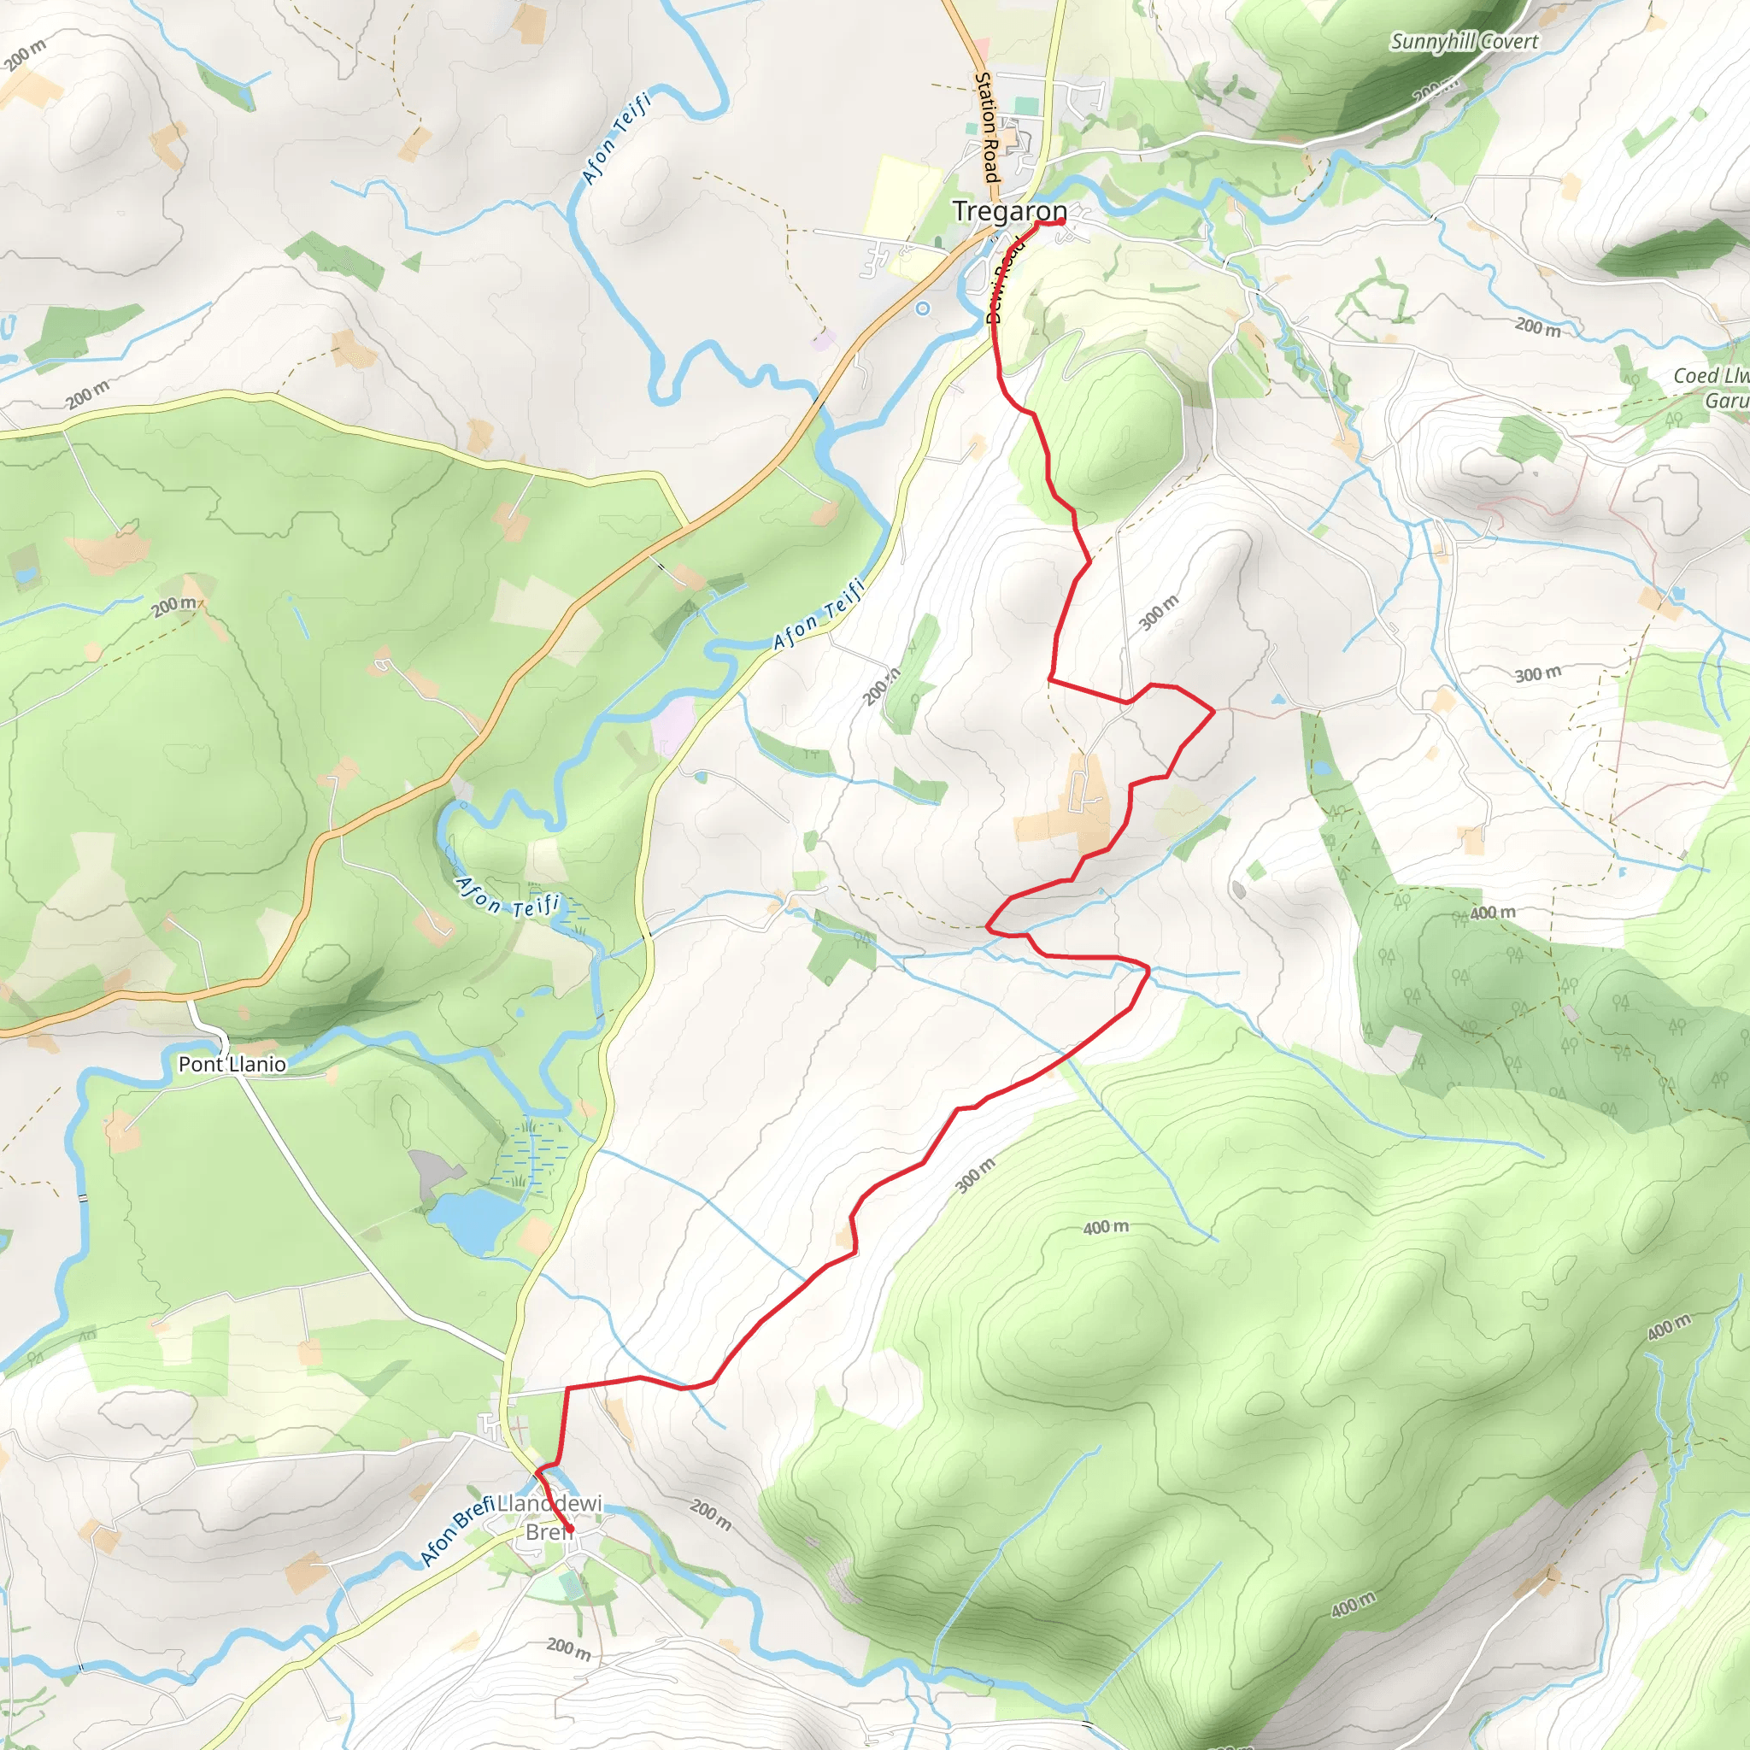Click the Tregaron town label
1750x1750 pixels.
1008,211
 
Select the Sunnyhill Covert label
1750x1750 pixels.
1464,42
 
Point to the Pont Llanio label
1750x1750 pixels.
232,1065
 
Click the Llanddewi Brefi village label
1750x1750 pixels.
549,1518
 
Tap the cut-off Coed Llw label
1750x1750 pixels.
1710,376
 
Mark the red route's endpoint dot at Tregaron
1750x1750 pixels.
1060,221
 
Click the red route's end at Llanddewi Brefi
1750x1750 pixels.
570,1530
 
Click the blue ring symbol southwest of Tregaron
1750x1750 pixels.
923,308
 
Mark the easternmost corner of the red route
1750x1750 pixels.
1213,712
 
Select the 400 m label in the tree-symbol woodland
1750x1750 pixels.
1492,913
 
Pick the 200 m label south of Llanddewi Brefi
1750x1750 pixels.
569,1647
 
